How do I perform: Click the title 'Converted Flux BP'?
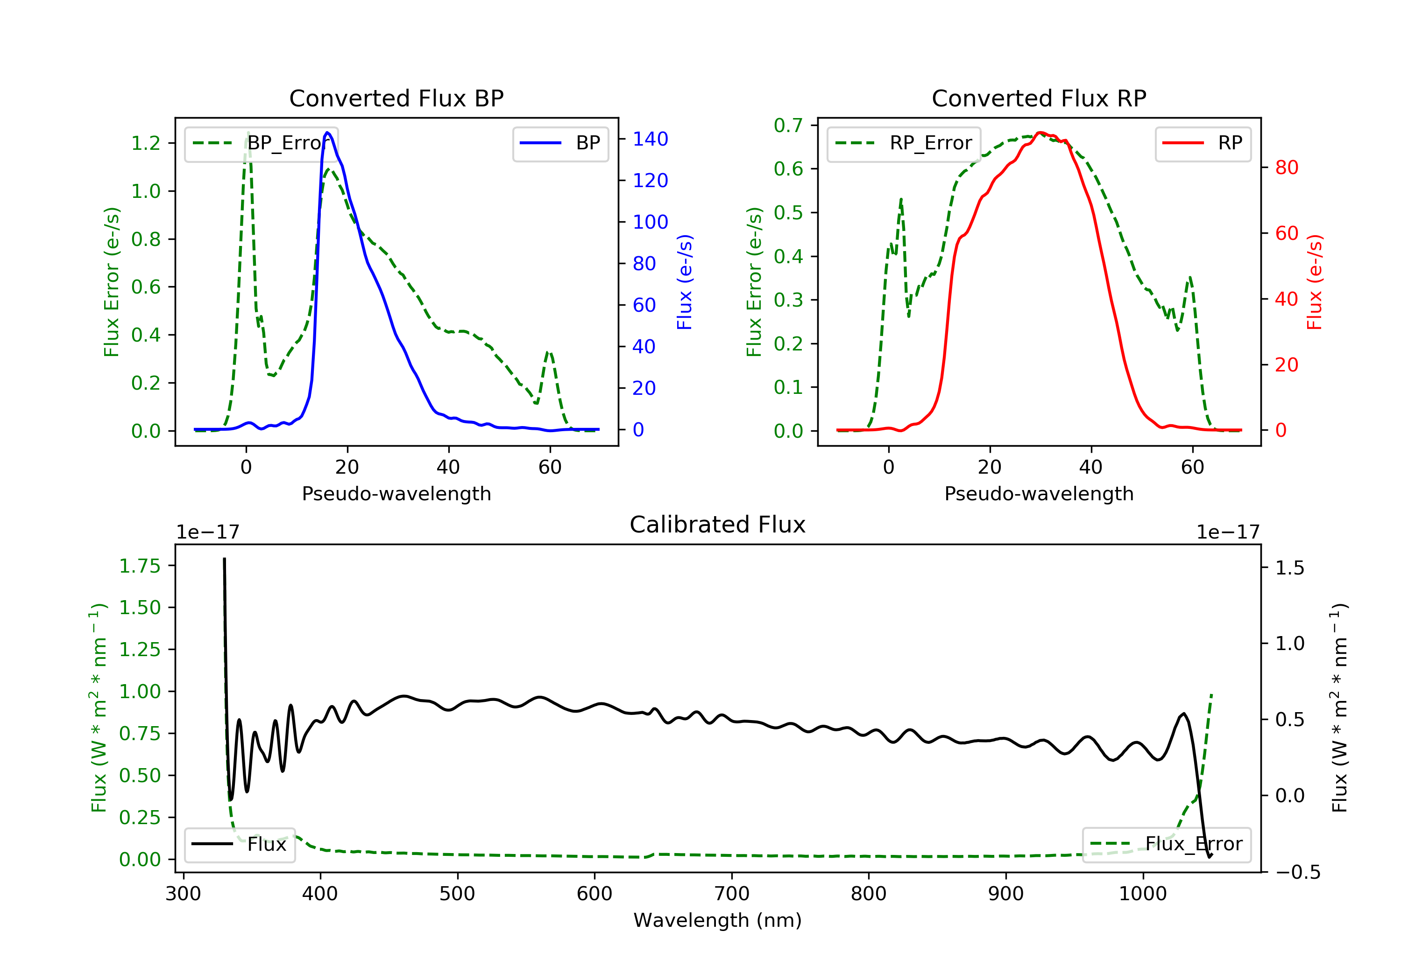click(396, 98)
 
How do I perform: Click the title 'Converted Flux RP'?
click(1039, 98)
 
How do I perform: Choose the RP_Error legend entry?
click(904, 143)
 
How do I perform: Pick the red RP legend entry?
click(1203, 143)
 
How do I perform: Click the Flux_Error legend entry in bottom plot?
click(1166, 844)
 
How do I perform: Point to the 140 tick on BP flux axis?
click(650, 139)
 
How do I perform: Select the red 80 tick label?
click(1286, 168)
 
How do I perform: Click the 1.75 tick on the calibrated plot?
click(140, 566)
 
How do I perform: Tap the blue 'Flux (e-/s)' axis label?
click(685, 282)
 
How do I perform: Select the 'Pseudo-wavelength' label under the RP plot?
click(1039, 493)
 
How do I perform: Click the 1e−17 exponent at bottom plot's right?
click(1228, 532)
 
